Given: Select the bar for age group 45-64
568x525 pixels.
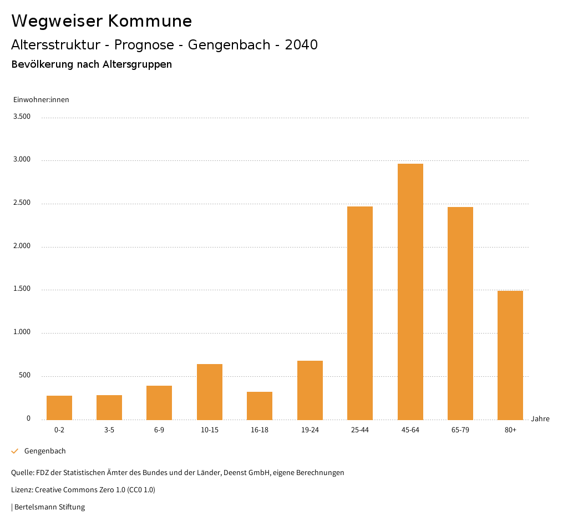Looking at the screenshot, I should point(410,291).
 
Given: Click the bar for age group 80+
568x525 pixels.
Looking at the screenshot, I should point(510,355).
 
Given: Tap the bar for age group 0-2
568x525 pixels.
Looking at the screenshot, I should point(59,407).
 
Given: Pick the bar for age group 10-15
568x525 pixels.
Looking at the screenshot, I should point(210,392).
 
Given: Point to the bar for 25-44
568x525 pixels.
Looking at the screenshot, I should point(360,313).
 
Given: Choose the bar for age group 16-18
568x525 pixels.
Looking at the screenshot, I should point(260,406).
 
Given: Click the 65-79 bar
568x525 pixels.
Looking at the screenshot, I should point(460,313).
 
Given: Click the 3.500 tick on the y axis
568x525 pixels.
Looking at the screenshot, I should point(22,117).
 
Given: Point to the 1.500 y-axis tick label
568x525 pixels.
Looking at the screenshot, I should point(22,289).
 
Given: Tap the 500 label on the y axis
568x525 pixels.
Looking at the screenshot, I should point(25,376).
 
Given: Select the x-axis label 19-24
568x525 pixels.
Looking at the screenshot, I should point(310,430).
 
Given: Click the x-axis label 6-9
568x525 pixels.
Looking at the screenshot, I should point(159,430).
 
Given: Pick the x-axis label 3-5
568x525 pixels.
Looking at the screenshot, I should point(109,430).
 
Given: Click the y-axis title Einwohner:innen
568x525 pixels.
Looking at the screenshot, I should point(41,100).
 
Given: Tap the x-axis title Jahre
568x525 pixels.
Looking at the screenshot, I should point(540,419).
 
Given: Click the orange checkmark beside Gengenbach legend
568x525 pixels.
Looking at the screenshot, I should point(15,451).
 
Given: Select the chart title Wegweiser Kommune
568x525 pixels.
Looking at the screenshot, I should point(102,21).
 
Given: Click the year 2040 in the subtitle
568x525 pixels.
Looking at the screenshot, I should point(301,45).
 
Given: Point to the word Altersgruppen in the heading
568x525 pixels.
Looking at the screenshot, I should point(137,64).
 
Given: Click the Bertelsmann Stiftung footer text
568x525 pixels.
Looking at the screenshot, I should point(49,507).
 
